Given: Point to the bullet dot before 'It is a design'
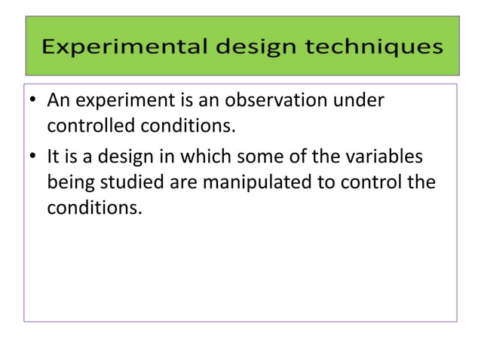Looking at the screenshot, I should coord(35,159).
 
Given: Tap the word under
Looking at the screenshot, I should coord(363,100).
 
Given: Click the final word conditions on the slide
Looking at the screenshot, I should coord(94,207).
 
